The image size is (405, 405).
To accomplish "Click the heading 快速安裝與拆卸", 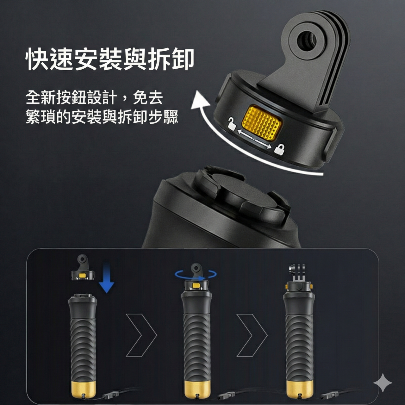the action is (x=109, y=59).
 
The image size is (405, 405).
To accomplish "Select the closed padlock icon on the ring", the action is (x=279, y=149).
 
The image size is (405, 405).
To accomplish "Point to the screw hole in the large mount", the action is (x=307, y=40).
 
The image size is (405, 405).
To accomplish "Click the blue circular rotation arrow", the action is (x=196, y=275).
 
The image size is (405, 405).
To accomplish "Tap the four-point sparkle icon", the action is (x=383, y=383).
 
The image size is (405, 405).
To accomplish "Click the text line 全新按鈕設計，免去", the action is (x=94, y=97).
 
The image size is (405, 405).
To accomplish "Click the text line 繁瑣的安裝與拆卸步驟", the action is (x=102, y=117).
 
